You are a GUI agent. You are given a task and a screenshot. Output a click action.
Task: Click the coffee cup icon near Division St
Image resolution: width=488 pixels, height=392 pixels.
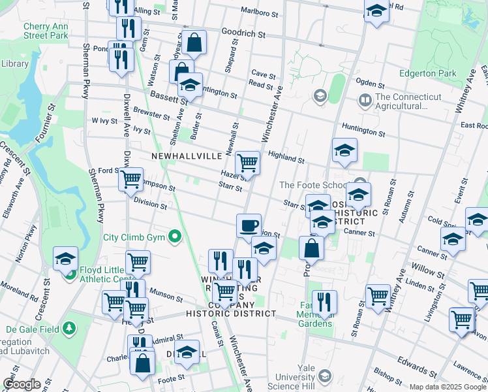[x=248, y=226]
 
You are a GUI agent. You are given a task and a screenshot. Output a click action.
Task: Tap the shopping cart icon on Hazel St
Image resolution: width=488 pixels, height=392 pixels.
[x=247, y=163]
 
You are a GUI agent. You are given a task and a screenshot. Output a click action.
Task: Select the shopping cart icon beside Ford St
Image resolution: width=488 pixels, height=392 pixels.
[x=130, y=179]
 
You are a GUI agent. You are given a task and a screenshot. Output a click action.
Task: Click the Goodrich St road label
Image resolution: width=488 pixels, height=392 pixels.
[x=244, y=33]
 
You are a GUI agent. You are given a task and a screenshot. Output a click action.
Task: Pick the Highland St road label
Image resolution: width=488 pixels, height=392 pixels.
[x=286, y=157]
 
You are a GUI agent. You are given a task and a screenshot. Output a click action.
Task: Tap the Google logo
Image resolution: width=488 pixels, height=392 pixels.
[x=22, y=384]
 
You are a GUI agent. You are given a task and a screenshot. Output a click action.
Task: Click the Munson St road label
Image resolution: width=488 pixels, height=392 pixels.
[x=166, y=295]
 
